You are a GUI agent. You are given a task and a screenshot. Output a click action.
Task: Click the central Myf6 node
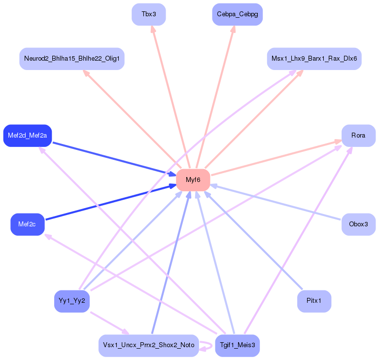tap(193, 180)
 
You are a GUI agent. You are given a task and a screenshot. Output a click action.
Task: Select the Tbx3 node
tap(148, 14)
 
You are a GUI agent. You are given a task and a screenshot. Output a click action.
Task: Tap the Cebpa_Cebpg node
tap(237, 14)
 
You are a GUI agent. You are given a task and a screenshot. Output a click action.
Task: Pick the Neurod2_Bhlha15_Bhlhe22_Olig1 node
tap(71, 59)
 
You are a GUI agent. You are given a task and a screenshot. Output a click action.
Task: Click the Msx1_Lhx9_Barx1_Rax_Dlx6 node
tap(314, 59)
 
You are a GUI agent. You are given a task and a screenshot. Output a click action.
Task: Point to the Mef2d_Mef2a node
tap(28, 135)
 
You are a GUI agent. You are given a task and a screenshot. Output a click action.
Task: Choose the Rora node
tap(358, 135)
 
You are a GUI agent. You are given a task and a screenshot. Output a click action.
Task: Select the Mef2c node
tap(28, 224)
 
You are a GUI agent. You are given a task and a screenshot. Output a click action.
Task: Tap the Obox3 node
tap(358, 224)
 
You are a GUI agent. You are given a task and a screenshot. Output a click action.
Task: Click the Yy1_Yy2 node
tap(72, 301)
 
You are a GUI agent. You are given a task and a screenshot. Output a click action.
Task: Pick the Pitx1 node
tap(314, 301)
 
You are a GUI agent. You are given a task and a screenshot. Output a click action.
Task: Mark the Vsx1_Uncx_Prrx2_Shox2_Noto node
tap(148, 345)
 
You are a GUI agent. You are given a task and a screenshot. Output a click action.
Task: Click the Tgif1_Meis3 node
tap(237, 345)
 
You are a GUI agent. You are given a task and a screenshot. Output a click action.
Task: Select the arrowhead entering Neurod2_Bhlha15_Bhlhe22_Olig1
tap(86, 72)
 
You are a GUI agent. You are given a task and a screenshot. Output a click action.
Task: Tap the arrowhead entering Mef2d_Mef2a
tap(42, 149)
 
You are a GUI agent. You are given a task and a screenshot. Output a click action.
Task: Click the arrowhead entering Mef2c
tap(48, 236)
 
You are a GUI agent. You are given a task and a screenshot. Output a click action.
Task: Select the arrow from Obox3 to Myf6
tap(276, 203)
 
